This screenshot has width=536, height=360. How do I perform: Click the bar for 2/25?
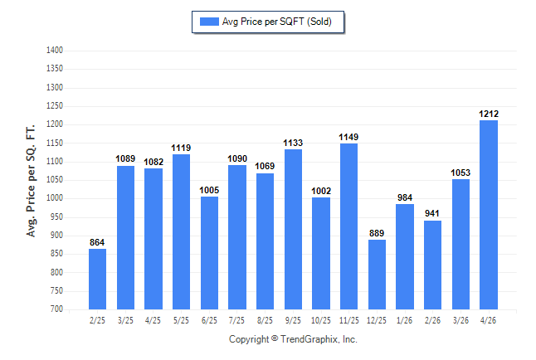[x=97, y=279]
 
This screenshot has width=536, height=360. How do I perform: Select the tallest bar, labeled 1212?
[x=489, y=215]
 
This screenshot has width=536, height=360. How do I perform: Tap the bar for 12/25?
[x=377, y=275]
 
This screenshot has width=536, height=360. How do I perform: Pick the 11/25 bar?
[x=348, y=226]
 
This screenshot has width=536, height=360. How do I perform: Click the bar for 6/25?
[x=209, y=253]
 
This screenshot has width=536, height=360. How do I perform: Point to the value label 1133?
[x=293, y=143]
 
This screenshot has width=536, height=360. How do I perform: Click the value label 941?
[x=432, y=213]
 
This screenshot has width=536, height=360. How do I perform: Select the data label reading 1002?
[x=321, y=191]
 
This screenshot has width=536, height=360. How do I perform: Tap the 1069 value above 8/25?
[x=265, y=166]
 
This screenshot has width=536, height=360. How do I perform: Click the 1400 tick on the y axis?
[x=55, y=51]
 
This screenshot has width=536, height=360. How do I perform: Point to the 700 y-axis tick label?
[x=56, y=309]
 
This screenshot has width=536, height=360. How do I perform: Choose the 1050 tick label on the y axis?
[x=55, y=179]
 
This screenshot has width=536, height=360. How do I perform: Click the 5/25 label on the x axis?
[x=181, y=320]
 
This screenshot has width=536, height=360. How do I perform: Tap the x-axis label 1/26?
[x=404, y=320]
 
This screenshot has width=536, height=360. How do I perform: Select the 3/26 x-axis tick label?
[x=460, y=320]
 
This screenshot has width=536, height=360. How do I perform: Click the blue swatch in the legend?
[x=209, y=22]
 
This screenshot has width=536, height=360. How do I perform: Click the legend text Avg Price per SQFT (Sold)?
[x=277, y=22]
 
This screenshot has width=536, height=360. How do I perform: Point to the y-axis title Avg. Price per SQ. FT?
[x=31, y=181]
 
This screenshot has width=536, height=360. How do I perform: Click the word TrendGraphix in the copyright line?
[x=309, y=339]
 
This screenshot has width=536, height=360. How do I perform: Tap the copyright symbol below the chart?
[x=275, y=338]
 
